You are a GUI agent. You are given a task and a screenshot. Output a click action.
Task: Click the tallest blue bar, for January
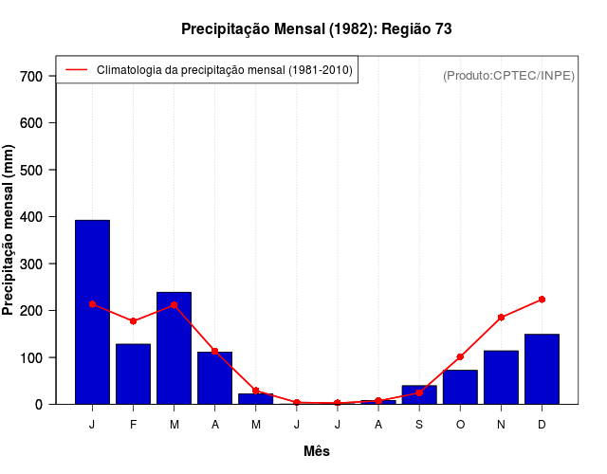pyautogui.click(x=92, y=312)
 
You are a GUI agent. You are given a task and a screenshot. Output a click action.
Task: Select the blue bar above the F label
pyautogui.click(x=133, y=374)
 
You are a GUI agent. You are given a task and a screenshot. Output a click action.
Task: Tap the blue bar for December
pyautogui.click(x=542, y=369)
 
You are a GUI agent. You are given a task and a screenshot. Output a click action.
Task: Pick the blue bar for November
pyautogui.click(x=501, y=377)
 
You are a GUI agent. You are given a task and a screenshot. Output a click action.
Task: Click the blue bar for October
pyautogui.click(x=460, y=387)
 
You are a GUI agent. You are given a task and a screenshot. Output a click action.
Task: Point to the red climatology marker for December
pyautogui.click(x=542, y=300)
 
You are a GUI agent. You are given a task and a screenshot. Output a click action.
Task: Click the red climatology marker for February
pyautogui.click(x=133, y=321)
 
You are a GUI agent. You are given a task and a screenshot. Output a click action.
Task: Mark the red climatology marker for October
pyautogui.click(x=460, y=357)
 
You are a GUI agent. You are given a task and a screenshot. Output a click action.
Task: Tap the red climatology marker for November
pyautogui.click(x=501, y=318)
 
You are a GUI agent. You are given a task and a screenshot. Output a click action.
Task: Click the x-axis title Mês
pyautogui.click(x=317, y=451)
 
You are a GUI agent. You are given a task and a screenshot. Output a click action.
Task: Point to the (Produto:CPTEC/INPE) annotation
pyautogui.click(x=508, y=75)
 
